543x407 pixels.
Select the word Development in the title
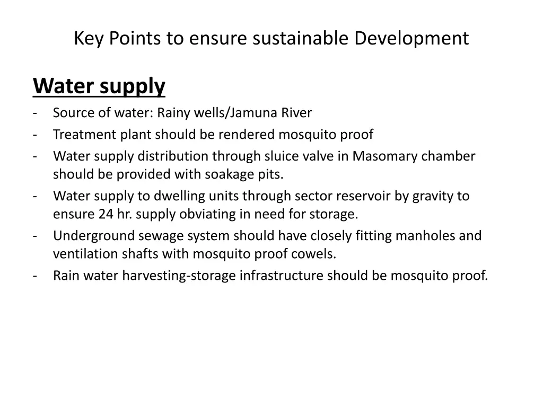pyautogui.click(x=411, y=38)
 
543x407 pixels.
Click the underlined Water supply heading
pyautogui.click(x=99, y=86)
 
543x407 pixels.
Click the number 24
pyautogui.click(x=106, y=214)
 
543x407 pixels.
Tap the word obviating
pyautogui.click(x=203, y=214)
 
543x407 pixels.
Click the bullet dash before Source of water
pyautogui.click(x=34, y=113)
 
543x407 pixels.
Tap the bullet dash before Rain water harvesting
pyautogui.click(x=34, y=276)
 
